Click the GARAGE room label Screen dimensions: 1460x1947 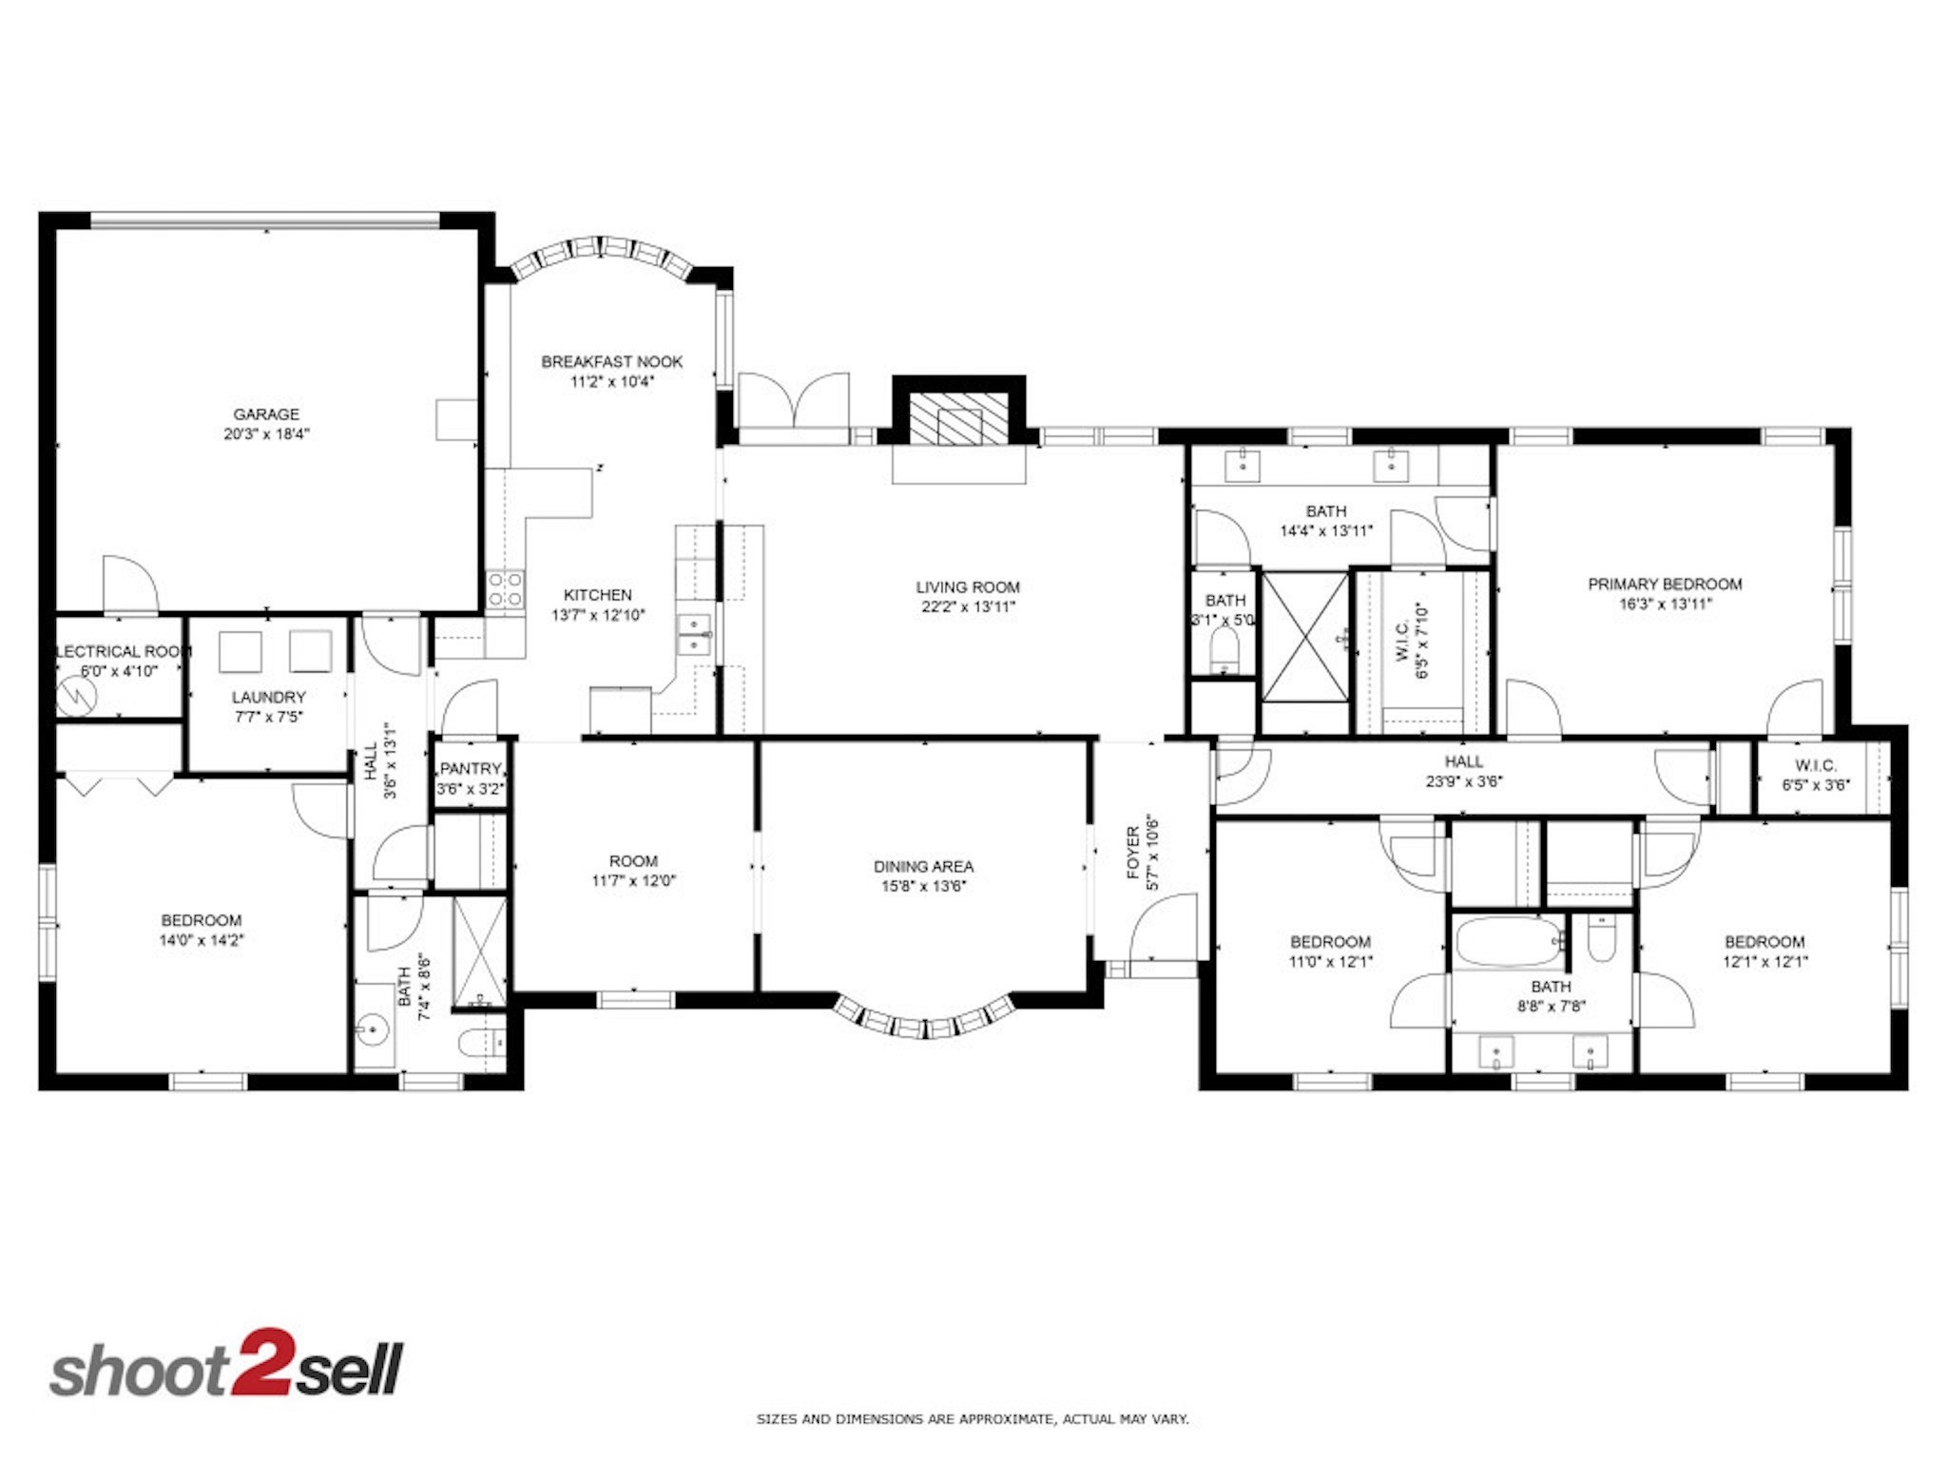pos(266,414)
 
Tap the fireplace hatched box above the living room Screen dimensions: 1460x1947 pos(958,419)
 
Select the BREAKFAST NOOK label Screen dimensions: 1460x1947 pos(611,361)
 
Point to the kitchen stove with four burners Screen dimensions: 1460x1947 pos(505,588)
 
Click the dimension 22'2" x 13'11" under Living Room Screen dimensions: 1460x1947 pos(968,607)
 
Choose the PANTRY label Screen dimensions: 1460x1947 pos(470,768)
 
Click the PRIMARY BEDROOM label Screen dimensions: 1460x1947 pos(1665,584)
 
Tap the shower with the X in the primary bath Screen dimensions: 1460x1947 pos(1305,636)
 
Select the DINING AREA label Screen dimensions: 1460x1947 pos(923,866)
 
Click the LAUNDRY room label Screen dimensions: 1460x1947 pos(269,697)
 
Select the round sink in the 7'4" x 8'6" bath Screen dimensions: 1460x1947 pos(374,1028)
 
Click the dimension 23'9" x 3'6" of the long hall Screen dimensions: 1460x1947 pos(1464,781)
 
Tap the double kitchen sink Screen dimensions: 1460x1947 pos(694,635)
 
